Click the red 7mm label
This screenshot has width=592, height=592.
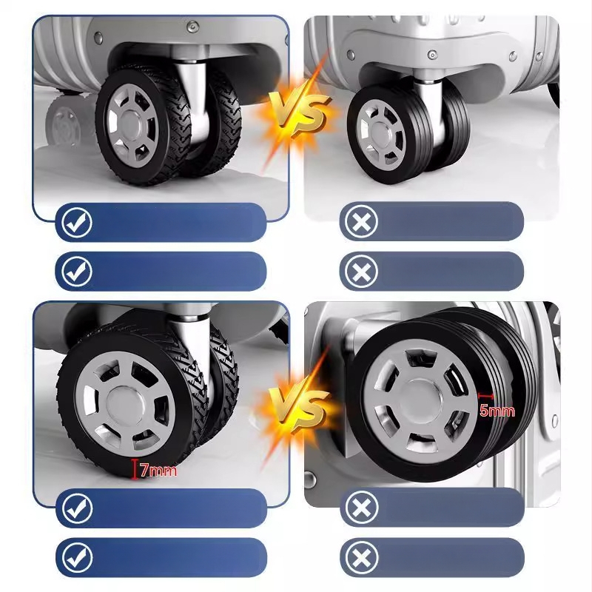158,470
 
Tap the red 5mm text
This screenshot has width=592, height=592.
497,411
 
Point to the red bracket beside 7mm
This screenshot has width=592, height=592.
134,469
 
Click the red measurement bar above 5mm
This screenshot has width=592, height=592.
485,396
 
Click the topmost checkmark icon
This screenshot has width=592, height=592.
78,222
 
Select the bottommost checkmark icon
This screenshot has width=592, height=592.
78,558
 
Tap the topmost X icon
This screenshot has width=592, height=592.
361,222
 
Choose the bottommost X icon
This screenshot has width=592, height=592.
361,557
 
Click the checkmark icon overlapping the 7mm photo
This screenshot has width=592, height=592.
78,508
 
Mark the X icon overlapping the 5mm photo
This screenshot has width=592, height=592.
361,507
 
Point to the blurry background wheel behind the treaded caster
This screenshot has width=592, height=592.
64,121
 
